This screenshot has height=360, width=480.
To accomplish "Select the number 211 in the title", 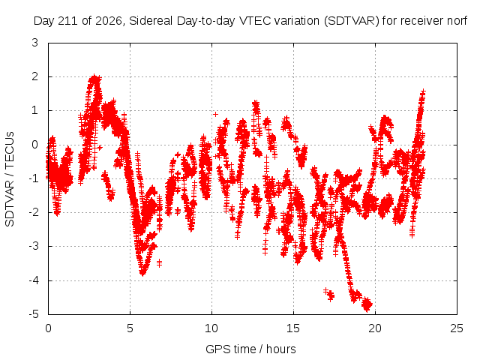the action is [70, 21].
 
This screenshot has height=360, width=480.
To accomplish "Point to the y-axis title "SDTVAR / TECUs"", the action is [10, 179].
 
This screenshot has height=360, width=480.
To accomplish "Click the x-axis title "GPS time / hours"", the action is [250, 349].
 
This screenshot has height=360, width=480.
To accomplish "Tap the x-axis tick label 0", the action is [48, 328].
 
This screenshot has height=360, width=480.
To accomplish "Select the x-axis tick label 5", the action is [130, 328].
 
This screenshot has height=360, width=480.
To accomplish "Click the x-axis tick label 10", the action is [211, 328].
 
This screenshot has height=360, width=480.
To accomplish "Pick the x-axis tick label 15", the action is [293, 328].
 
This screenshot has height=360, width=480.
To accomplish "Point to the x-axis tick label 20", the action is [375, 328].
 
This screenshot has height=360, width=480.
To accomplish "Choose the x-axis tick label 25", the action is [457, 328].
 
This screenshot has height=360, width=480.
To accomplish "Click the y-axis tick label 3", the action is [35, 43].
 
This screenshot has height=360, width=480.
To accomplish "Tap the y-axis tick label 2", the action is [35, 76].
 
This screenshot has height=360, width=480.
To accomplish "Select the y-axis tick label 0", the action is [35, 145].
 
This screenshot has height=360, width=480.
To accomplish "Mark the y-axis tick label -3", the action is [33, 246].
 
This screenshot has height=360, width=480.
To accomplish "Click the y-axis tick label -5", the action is [33, 314].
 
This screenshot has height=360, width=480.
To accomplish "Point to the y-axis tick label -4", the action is [33, 280].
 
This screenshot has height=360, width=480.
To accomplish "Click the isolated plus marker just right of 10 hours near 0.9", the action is [215, 114].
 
